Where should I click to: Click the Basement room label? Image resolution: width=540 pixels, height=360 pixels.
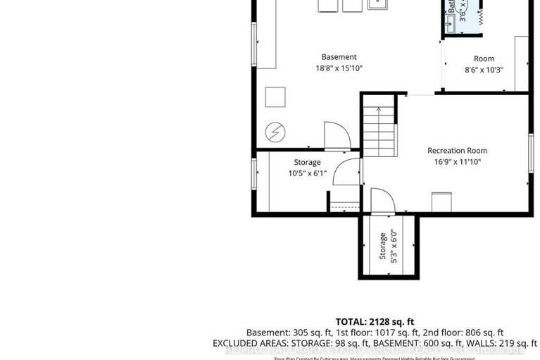339,57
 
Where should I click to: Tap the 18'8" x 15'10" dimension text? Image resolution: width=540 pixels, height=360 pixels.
339,68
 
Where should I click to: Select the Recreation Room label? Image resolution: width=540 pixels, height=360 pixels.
457,150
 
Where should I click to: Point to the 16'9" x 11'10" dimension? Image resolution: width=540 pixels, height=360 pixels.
457,161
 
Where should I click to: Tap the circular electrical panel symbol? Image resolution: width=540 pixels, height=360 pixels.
275,132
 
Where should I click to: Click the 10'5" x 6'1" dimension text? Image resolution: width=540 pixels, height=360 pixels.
306,173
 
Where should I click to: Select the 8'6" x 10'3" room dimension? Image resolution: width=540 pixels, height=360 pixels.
484,70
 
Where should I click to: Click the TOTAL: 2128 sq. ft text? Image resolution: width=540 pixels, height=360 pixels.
375,321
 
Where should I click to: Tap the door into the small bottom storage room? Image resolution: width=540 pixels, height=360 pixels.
378,199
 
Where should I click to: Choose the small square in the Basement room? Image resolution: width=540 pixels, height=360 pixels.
275,96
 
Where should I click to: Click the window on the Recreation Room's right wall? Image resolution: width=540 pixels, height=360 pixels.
531,152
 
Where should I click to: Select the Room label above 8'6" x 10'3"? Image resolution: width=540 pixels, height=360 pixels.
484,58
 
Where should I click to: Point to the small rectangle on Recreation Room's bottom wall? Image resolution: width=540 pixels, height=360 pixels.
442,200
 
